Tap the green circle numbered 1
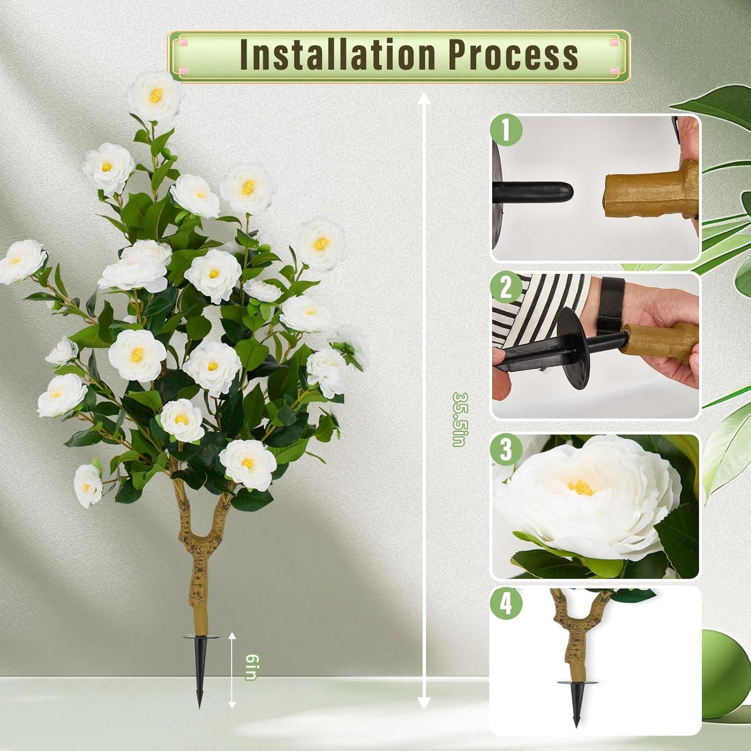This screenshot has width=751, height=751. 506,130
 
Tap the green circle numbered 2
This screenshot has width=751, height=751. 506,287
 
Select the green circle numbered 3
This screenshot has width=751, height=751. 506,450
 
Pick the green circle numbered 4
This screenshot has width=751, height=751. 506,604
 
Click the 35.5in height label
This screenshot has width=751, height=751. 459,419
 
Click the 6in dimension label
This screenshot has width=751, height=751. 251,667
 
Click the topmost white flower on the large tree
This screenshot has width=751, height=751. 156,96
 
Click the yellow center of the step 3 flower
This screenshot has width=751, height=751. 580,487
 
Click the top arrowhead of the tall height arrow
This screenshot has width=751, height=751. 424,98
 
